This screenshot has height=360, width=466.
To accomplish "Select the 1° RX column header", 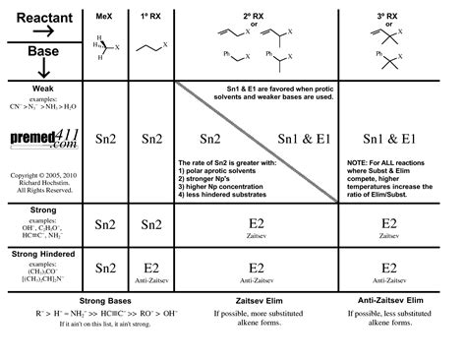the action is coord(150,19).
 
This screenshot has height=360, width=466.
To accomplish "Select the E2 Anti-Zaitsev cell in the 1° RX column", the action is coord(150,242).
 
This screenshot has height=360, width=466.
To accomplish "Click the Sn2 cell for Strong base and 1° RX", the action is coord(150,198).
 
